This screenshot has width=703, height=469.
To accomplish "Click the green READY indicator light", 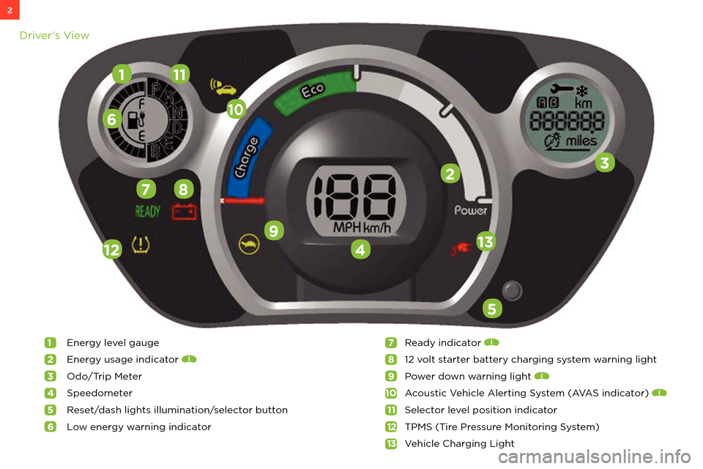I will pyautogui.click(x=148, y=213).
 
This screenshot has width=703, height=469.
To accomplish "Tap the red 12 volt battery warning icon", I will pyautogui.click(x=184, y=213).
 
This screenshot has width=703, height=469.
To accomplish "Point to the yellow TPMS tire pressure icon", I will pyautogui.click(x=138, y=245).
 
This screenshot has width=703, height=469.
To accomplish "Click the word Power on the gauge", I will pyautogui.click(x=471, y=210).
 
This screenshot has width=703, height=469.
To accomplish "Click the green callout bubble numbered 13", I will pyautogui.click(x=486, y=241).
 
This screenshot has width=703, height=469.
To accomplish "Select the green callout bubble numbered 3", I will pyautogui.click(x=604, y=163).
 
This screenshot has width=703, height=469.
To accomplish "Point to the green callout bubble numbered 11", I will pyautogui.click(x=179, y=73).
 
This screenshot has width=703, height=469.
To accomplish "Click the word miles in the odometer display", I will pyautogui.click(x=581, y=141).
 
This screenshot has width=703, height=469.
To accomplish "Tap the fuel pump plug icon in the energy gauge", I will pyautogui.click(x=135, y=119).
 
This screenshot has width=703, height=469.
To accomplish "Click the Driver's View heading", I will pyautogui.click(x=54, y=35).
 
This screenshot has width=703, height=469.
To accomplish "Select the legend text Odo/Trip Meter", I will pyautogui.click(x=104, y=376).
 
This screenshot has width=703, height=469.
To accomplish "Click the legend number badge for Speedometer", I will pyautogui.click(x=50, y=393).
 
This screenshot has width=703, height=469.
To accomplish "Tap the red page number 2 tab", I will pyautogui.click(x=10, y=10).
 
